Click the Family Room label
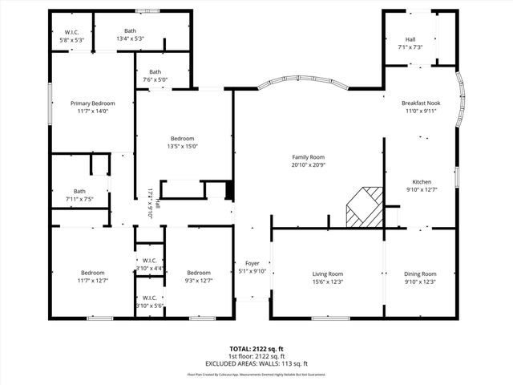309,157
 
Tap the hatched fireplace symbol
364,208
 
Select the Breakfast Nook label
421,103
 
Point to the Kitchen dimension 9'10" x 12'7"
422,190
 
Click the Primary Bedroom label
92,103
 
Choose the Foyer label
252,263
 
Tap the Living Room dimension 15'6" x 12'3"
327,282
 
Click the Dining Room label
420,274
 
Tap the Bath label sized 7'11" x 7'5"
79,191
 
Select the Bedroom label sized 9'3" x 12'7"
198,273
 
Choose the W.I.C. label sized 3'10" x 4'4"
150,260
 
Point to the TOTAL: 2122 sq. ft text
256,348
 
